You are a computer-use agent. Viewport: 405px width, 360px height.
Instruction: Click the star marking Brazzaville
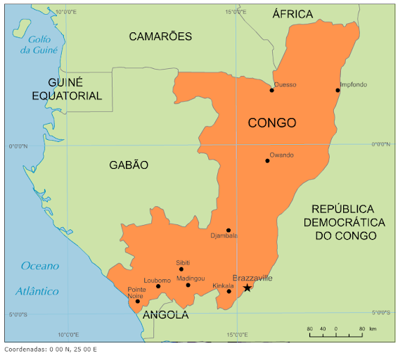pyautogui.click(x=247, y=288)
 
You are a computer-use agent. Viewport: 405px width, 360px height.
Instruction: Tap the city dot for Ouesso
pyautogui.click(x=272, y=90)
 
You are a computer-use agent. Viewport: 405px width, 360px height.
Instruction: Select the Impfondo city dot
pyautogui.click(x=338, y=90)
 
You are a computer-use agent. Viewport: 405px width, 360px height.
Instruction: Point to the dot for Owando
pyautogui.click(x=267, y=161)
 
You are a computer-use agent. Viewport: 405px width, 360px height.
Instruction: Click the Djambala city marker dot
pyautogui.click(x=229, y=230)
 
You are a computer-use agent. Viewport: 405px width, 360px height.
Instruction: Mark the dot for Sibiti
pyautogui.click(x=181, y=269)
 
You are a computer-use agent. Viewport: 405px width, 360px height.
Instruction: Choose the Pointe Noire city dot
pyautogui.click(x=138, y=302)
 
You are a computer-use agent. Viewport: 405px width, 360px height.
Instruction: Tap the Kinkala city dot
pyautogui.click(x=229, y=292)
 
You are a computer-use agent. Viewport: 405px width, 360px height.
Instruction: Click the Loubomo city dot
pyautogui.click(x=158, y=286)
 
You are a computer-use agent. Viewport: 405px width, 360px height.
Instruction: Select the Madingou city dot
pyautogui.click(x=188, y=285)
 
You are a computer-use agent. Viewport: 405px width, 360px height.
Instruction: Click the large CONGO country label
pyautogui.click(x=272, y=123)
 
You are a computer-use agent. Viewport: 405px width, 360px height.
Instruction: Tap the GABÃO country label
pyautogui.click(x=129, y=165)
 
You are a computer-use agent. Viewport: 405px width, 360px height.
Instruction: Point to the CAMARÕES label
pyautogui.click(x=160, y=36)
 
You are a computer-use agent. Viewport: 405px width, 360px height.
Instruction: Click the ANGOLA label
pyautogui.click(x=166, y=315)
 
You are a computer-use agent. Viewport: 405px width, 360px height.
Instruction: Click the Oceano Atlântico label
pyautogui.click(x=40, y=278)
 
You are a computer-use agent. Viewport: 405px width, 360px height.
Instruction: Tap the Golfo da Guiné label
pyautogui.click(x=39, y=44)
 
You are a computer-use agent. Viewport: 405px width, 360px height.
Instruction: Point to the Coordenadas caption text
pyautogui.click(x=51, y=349)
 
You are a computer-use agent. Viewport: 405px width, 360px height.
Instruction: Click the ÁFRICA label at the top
pyautogui.click(x=292, y=14)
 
